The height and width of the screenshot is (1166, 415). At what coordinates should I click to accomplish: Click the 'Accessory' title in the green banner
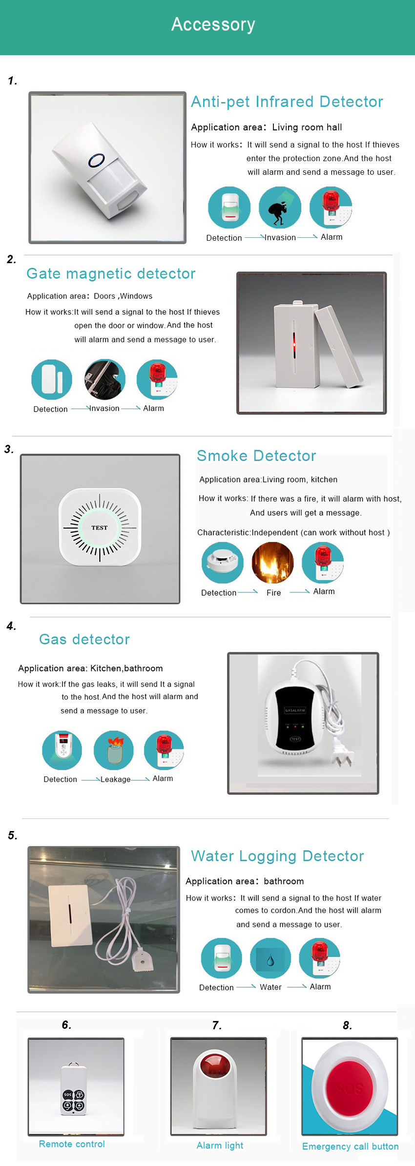[x=213, y=24]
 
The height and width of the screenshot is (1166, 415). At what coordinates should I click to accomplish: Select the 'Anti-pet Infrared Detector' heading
[x=287, y=102]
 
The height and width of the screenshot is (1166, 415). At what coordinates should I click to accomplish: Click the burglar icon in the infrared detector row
[x=280, y=208]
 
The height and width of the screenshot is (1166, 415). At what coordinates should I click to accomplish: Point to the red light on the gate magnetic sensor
[x=294, y=344]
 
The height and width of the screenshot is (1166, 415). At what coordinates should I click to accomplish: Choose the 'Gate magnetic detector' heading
[x=111, y=273]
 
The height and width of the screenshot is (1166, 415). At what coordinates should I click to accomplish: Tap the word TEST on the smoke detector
[x=99, y=527]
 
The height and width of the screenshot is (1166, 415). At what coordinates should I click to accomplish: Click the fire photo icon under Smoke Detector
[x=272, y=562]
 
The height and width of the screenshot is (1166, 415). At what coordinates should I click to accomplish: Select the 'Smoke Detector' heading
[x=256, y=456]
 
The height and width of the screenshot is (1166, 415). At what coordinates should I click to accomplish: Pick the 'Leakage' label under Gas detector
[x=115, y=779]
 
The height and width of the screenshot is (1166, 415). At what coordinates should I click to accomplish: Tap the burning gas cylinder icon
[x=114, y=750]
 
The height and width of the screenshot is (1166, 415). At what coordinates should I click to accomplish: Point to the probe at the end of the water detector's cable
[x=143, y=961]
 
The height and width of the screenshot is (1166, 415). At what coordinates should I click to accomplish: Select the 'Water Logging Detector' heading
[x=277, y=856]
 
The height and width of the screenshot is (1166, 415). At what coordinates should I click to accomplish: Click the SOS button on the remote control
[x=67, y=1095]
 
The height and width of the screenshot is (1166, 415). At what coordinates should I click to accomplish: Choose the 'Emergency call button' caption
[x=350, y=1146]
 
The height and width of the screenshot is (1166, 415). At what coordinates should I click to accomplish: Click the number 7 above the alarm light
[x=217, y=1025]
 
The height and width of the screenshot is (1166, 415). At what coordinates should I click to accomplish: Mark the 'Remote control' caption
[x=72, y=1144]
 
